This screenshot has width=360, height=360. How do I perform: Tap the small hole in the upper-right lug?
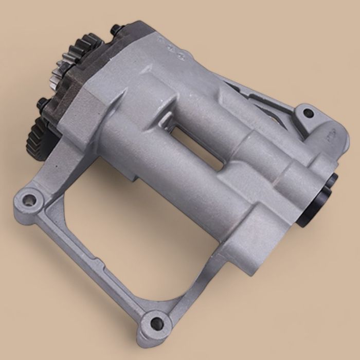pos(308,113)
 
